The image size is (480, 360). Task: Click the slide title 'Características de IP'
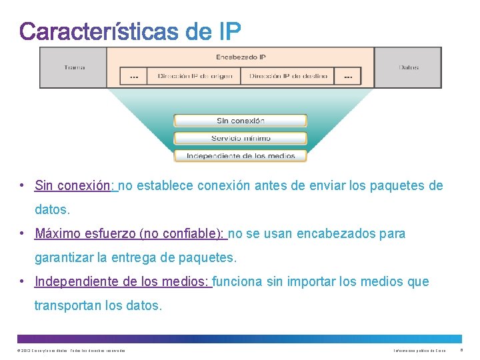click(130, 31)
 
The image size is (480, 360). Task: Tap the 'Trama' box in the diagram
click(74, 67)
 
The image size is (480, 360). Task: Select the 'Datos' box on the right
click(408, 67)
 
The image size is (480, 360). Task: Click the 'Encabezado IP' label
click(241, 57)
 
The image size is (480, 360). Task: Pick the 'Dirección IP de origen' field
click(195, 76)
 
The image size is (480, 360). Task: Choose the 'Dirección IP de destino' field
click(288, 76)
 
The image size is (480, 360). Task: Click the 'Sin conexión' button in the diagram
click(240, 121)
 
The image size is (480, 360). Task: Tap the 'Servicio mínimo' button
click(240, 138)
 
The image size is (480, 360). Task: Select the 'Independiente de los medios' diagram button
click(240, 156)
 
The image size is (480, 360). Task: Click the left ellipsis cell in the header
click(133, 77)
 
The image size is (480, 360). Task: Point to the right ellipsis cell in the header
click(347, 77)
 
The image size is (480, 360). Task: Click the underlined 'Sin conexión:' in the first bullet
click(75, 186)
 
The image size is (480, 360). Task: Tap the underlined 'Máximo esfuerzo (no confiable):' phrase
click(130, 234)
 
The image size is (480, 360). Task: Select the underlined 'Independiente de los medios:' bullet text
click(122, 282)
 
